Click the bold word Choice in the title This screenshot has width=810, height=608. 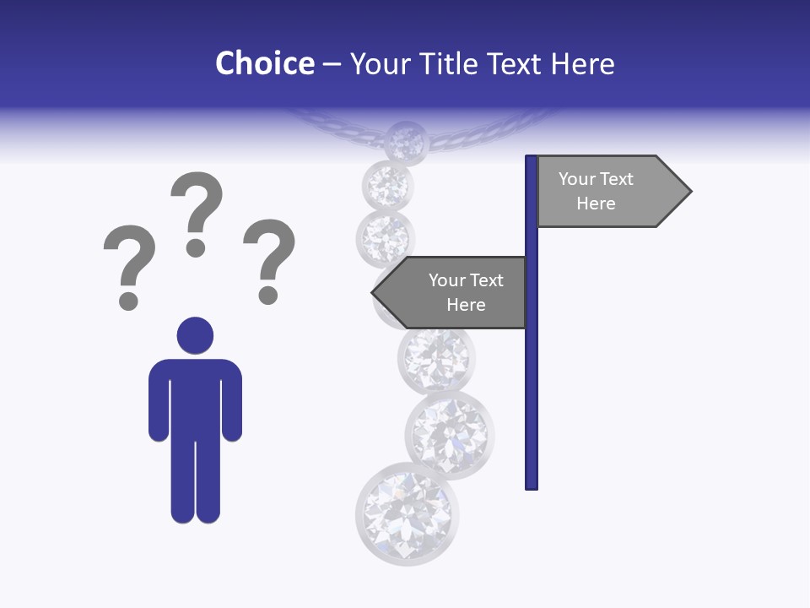pyautogui.click(x=264, y=64)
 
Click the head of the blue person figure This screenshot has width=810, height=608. pyautogui.click(x=195, y=335)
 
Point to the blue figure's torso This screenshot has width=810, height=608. pyautogui.click(x=195, y=397)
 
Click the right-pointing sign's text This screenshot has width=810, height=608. pyautogui.click(x=596, y=191)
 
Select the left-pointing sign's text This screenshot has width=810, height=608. pyautogui.click(x=466, y=292)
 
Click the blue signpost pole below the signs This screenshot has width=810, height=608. pyautogui.click(x=532, y=405)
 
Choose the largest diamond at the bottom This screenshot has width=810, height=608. pyautogui.click(x=408, y=513)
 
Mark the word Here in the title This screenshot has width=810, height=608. pyautogui.click(x=582, y=64)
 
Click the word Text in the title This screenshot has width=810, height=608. pyautogui.click(x=516, y=64)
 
